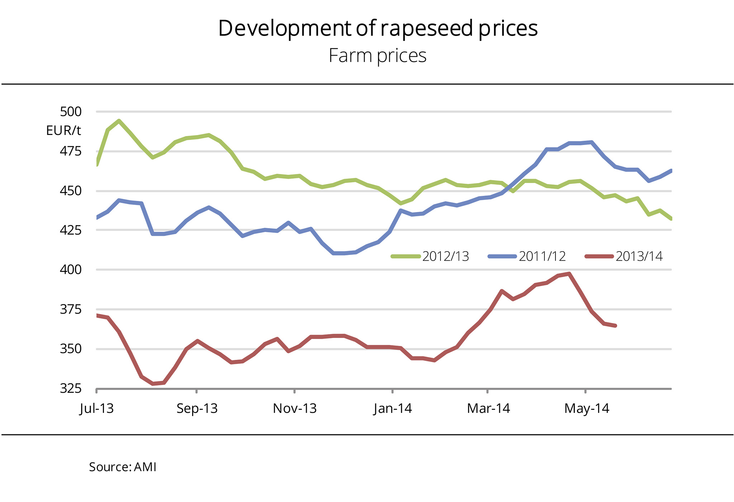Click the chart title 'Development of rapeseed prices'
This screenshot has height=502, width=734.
[378, 29]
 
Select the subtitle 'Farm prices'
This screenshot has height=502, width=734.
[377, 56]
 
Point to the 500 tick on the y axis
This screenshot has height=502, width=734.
[71, 112]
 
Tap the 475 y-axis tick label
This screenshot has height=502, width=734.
[71, 151]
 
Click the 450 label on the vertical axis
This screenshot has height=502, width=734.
[71, 191]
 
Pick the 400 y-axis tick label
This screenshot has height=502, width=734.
[71, 270]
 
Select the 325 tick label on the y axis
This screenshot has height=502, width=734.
[71, 388]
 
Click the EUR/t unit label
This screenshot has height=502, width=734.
[63, 131]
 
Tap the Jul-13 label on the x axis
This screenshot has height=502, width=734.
[96, 409]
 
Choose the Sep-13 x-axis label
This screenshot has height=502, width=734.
[197, 409]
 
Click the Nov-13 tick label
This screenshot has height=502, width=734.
[295, 409]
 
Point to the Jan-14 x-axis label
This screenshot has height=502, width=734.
[393, 409]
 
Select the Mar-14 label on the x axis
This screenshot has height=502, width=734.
[488, 409]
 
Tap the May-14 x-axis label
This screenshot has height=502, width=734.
[587, 409]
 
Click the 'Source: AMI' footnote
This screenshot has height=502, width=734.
[123, 467]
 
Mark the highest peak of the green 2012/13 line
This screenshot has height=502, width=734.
[119, 121]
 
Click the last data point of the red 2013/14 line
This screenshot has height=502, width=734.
[615, 326]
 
